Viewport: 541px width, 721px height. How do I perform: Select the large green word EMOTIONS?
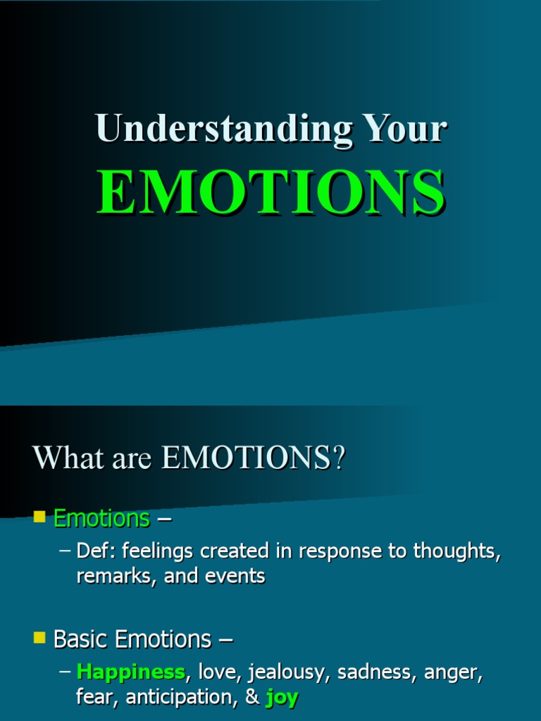pyautogui.click(x=270, y=193)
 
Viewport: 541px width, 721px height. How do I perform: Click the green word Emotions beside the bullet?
pyautogui.click(x=101, y=519)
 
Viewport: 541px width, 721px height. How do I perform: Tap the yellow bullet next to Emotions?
pyautogui.click(x=39, y=518)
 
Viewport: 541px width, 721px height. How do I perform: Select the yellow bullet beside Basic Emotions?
pyautogui.click(x=39, y=639)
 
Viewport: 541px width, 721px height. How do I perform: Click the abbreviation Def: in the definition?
pyautogui.click(x=98, y=551)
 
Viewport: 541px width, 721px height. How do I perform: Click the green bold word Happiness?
pyautogui.click(x=130, y=672)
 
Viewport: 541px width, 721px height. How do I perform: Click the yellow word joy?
pyautogui.click(x=282, y=698)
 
